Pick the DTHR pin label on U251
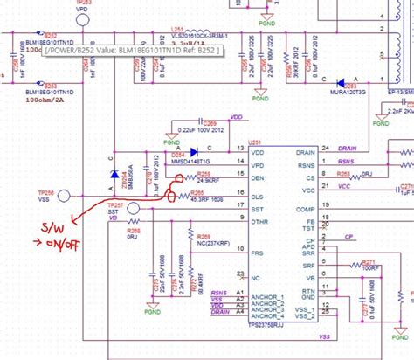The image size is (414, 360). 259,224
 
